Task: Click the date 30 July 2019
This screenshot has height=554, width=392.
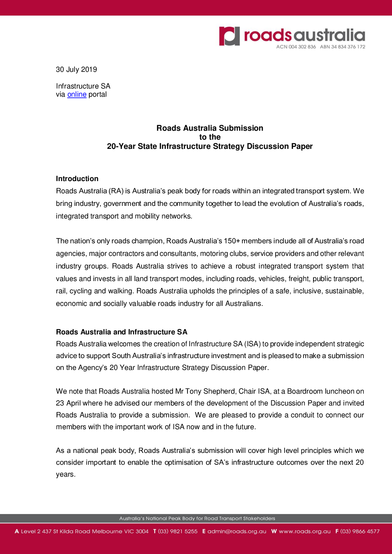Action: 76,70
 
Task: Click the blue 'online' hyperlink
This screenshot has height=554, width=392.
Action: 77,94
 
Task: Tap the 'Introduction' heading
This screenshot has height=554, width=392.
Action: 77,178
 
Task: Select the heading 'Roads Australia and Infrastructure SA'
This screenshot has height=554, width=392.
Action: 122,332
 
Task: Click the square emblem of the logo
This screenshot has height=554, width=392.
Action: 229,36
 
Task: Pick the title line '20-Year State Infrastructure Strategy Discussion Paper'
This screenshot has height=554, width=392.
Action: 210,146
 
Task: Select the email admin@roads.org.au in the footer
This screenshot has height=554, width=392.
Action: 237,531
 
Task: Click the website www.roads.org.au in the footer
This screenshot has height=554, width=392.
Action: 305,531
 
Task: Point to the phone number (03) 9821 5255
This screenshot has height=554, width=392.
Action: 178,531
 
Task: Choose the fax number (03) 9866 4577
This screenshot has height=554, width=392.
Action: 360,531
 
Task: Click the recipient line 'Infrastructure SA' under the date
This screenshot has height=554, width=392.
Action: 83,86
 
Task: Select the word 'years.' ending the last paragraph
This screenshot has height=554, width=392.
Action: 66,474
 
